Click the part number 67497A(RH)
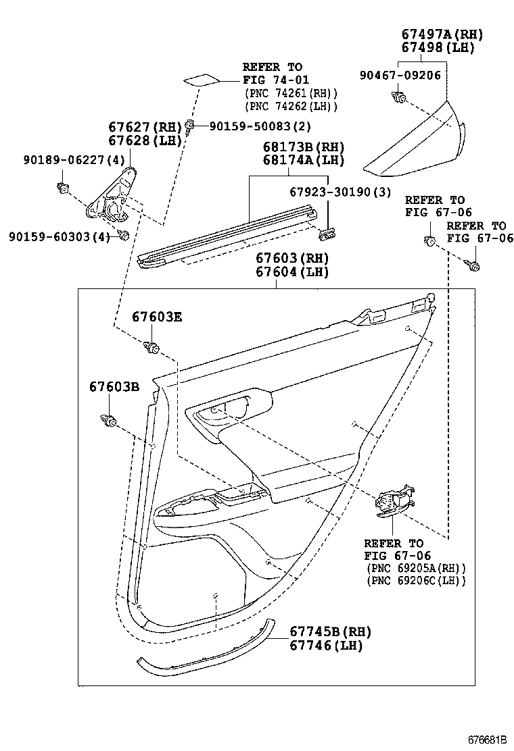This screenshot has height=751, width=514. coord(433,34)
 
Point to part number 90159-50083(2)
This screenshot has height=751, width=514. coord(250,126)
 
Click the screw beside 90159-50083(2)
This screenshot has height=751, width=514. coord(193,126)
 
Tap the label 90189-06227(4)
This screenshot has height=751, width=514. coord(65,160)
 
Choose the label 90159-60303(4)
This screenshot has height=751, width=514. coord(60,236)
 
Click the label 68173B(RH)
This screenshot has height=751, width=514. coord(294,147)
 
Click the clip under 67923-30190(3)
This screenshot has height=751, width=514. coord(327,233)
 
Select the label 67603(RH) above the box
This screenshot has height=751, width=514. coord(291,259)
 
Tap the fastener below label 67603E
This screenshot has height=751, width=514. coord(151,348)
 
